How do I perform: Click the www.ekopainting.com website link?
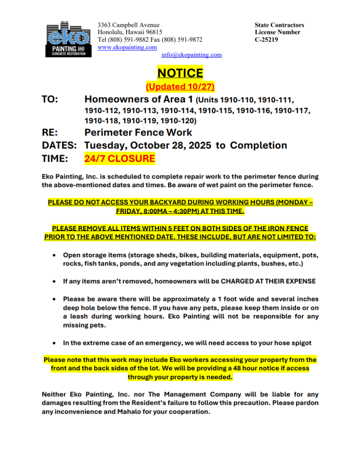[x=127, y=47]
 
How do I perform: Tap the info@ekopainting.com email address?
[x=191, y=55]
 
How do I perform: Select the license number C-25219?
[x=267, y=39]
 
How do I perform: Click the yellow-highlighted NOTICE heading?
[x=180, y=72]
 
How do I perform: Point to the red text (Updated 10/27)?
[x=180, y=87]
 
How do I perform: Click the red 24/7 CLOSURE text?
[x=120, y=159]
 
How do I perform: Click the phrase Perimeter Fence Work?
[x=138, y=132]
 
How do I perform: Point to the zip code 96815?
[x=153, y=32]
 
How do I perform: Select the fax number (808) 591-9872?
[x=182, y=39]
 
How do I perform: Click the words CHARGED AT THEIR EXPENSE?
[x=268, y=281]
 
